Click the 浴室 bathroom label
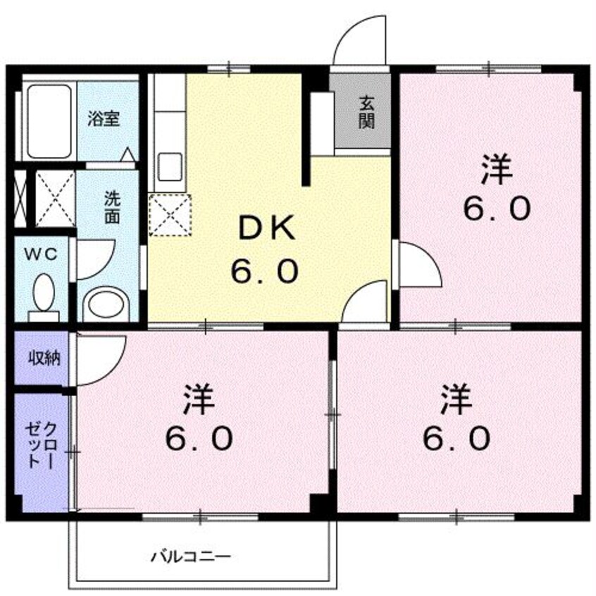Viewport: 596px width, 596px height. [104, 118]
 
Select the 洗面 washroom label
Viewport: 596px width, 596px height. [112, 206]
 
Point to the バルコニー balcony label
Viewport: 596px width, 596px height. [190, 556]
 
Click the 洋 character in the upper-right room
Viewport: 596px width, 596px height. [497, 171]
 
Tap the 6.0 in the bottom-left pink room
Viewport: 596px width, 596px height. [198, 440]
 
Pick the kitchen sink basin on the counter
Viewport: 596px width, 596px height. [169, 166]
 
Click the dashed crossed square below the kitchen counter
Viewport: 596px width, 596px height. [170, 214]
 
